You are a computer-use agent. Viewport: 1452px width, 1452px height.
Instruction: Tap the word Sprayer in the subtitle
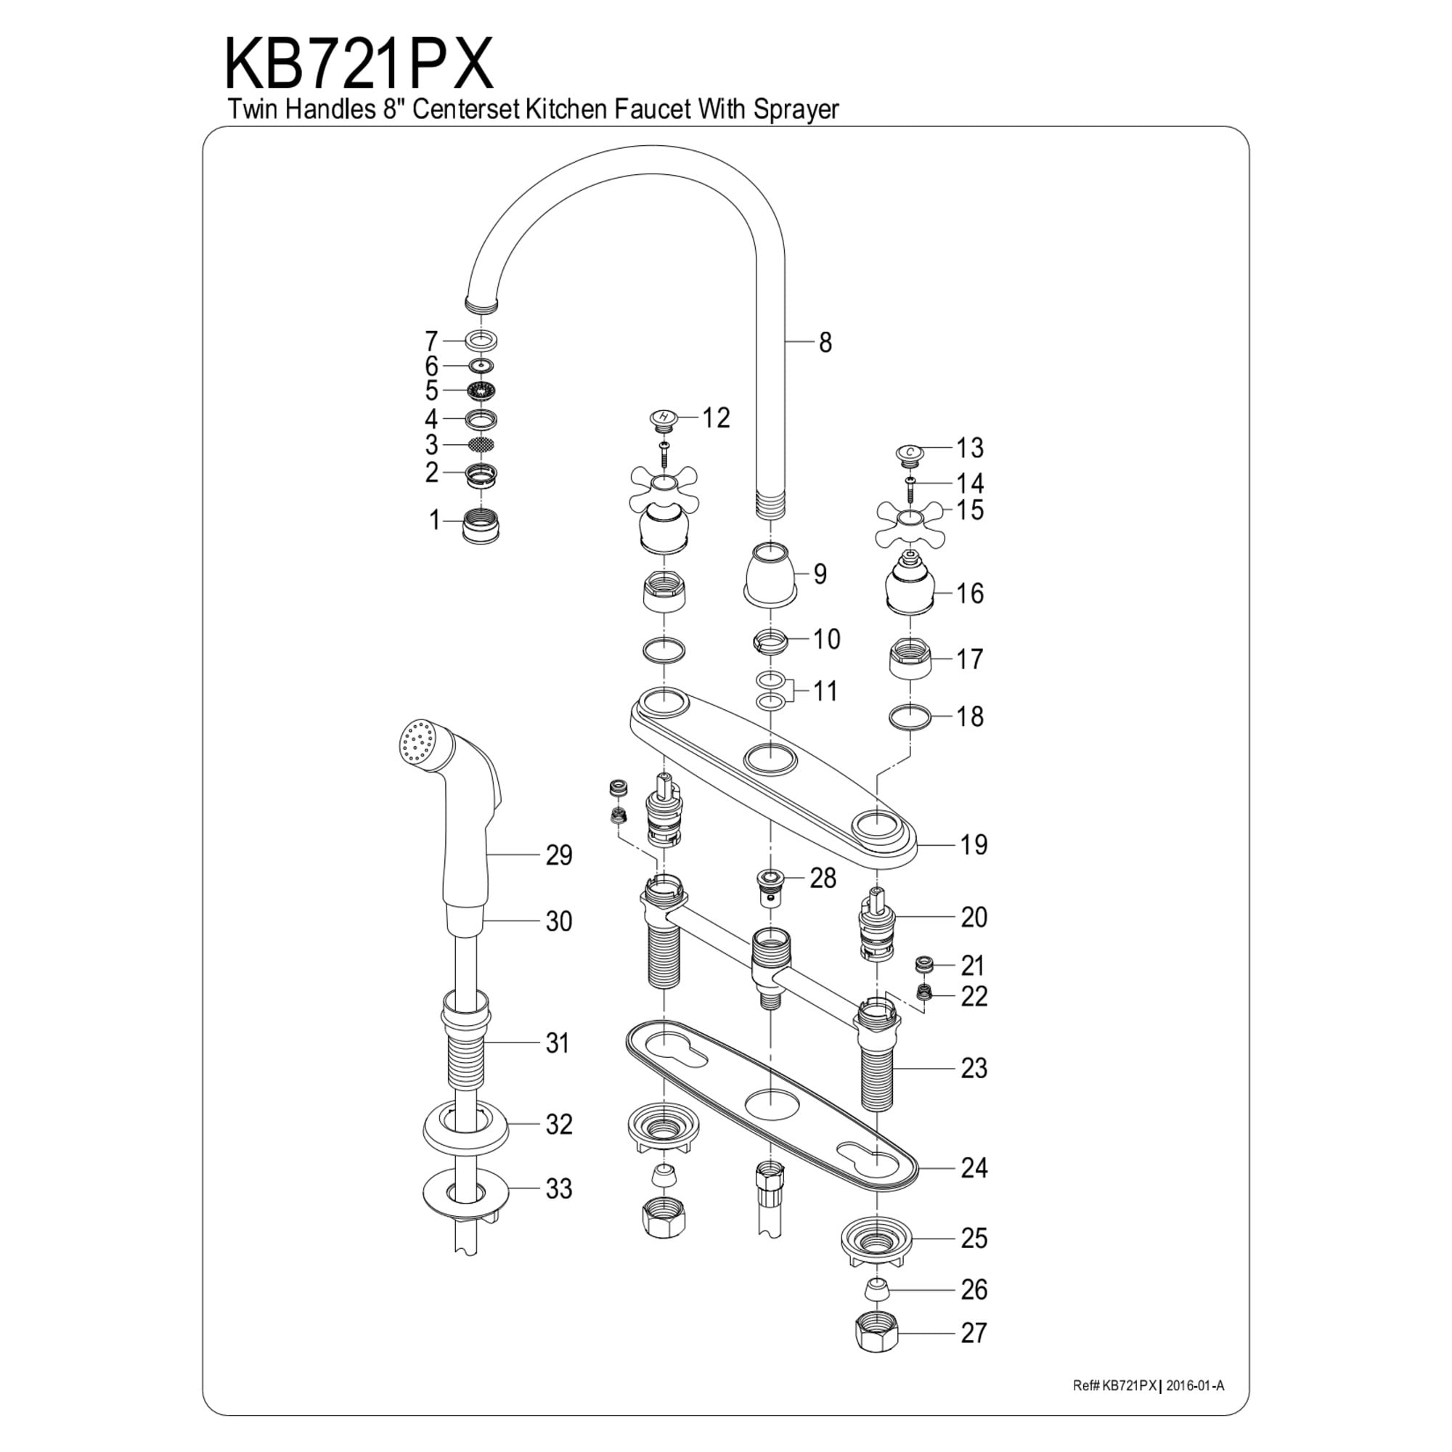(x=796, y=110)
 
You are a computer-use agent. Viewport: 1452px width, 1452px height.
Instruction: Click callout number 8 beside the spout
(x=825, y=343)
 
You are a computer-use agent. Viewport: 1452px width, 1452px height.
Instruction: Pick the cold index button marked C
(x=910, y=452)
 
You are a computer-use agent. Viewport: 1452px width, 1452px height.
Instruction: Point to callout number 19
(x=974, y=845)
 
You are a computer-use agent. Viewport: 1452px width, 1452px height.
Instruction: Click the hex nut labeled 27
(x=877, y=1334)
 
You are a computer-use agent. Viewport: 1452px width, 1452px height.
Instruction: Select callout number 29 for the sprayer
(x=558, y=855)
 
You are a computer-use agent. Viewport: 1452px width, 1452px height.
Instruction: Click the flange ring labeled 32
(x=466, y=1148)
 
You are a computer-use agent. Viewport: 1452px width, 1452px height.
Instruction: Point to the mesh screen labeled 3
(x=481, y=445)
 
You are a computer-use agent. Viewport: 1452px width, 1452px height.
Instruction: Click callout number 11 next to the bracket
(x=825, y=690)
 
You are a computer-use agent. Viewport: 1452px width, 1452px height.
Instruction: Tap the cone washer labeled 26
(x=876, y=1290)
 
